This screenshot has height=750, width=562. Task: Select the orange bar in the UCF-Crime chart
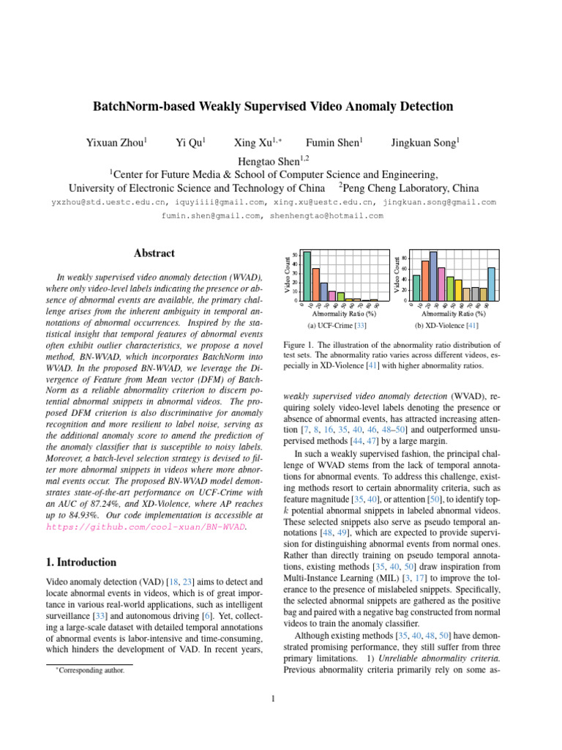[315, 284]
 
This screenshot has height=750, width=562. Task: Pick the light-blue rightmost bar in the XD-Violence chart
[491, 283]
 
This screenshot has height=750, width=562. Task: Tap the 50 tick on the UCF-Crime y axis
[295, 255]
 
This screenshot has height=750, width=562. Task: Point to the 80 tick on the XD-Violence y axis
[404, 259]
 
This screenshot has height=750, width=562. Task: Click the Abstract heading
[154, 253]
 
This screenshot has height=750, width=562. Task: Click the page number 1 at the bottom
[272, 699]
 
